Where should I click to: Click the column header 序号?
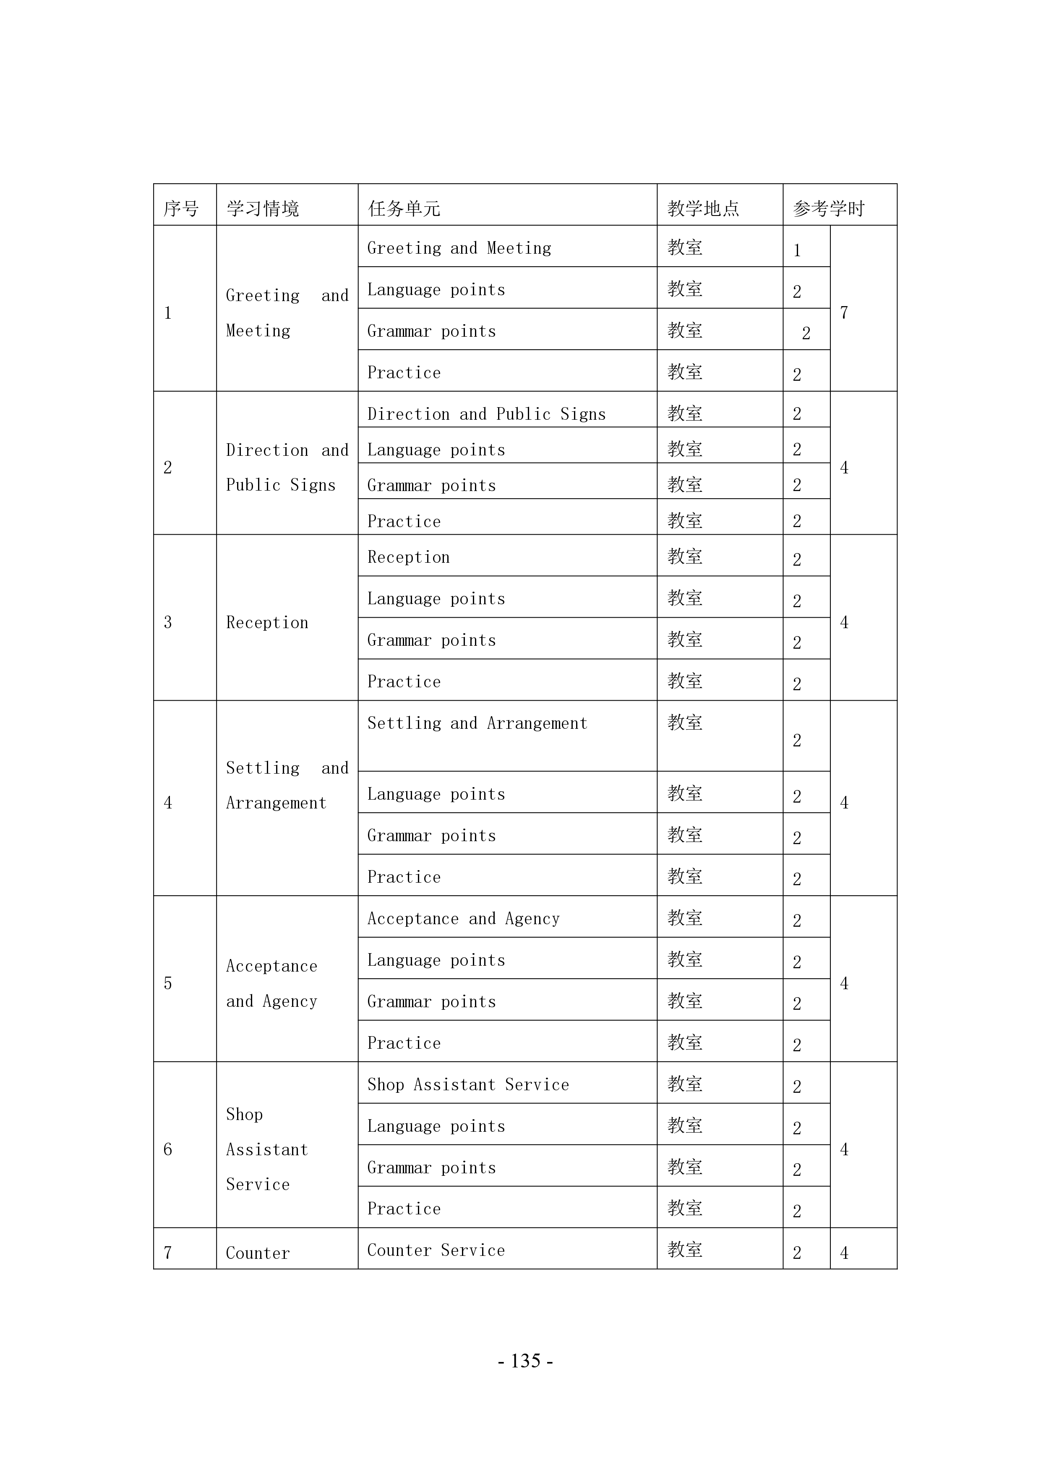tap(181, 208)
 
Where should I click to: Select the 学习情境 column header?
tap(263, 208)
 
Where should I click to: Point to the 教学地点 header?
tap(703, 208)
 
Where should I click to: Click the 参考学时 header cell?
tap(829, 208)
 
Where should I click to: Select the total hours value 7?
tap(844, 313)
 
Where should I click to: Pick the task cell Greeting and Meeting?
tap(459, 248)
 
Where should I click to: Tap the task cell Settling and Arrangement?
tap(477, 723)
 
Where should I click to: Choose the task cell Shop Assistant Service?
tap(468, 1085)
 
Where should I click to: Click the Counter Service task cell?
tap(436, 1250)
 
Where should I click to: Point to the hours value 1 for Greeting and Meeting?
tap(797, 250)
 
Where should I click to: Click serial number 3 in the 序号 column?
tap(168, 622)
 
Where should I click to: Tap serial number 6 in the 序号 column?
tap(168, 1149)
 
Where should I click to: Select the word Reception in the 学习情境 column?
tap(267, 623)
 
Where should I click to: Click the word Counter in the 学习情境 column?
tap(258, 1253)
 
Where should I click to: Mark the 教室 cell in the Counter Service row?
tap(685, 1250)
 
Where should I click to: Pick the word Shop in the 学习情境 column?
tap(244, 1115)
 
